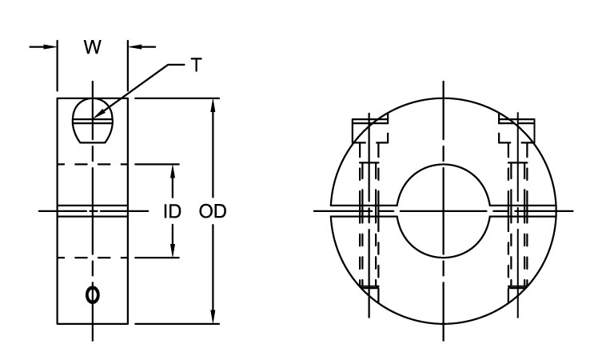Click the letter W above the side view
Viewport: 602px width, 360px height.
point(93,48)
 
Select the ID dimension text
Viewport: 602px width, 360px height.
point(172,212)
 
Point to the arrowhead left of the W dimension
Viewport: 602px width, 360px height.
point(50,47)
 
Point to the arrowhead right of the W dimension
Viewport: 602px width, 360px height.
point(134,47)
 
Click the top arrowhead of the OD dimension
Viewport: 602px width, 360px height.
point(213,105)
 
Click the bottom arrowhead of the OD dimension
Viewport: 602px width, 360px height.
point(213,318)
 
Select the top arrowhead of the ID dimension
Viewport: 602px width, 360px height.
point(173,169)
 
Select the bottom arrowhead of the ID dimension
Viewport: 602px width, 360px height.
point(173,253)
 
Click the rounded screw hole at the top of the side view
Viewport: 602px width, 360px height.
point(92,121)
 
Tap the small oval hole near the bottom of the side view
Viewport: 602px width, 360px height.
point(93,295)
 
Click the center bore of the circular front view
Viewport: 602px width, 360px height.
point(441,212)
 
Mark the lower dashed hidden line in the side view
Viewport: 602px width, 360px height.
point(92,258)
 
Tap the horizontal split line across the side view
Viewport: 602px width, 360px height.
point(92,212)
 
